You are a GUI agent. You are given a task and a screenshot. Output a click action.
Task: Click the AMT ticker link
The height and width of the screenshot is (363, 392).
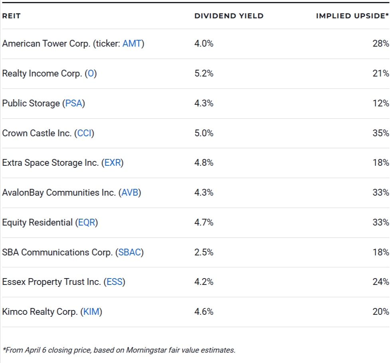point(132,44)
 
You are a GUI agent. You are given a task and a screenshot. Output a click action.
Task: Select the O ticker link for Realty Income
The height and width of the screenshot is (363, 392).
point(91,74)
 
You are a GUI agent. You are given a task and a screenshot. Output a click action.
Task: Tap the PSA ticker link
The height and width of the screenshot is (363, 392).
point(74,104)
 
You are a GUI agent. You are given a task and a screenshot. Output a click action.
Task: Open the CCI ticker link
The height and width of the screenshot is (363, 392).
point(85,133)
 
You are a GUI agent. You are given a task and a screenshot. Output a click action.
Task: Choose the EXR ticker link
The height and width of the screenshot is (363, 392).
point(112,163)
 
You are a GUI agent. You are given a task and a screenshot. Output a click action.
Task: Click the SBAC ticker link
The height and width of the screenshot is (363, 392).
point(130,252)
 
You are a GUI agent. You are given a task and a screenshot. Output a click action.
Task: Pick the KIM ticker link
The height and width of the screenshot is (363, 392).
point(91,312)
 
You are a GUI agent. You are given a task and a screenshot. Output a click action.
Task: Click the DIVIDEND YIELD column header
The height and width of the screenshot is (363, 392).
point(229,16)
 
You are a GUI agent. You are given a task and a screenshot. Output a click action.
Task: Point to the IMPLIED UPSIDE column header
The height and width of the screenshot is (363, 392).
point(352,16)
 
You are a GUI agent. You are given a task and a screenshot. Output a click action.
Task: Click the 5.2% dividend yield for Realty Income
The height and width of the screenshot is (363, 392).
point(204,74)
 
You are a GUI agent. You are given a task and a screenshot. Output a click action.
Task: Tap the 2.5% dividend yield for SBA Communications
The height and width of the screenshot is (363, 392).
point(204,252)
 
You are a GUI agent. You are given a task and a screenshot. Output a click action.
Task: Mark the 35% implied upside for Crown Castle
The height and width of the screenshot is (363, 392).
point(380,133)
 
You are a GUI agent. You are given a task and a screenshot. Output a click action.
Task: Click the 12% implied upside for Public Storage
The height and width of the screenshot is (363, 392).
point(380,104)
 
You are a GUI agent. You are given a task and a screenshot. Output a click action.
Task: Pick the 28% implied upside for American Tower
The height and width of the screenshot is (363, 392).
point(380,44)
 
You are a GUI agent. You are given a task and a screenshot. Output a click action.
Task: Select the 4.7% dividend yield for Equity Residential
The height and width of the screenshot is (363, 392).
point(204,222)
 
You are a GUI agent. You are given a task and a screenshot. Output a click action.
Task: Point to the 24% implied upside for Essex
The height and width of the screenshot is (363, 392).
point(380,282)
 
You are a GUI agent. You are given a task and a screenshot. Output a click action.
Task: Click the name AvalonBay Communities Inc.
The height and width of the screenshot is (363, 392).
point(59,193)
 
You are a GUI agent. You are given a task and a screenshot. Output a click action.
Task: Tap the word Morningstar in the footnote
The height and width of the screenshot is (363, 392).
point(147,350)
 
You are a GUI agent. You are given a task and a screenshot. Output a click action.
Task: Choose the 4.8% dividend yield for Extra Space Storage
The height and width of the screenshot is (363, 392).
point(204,163)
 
